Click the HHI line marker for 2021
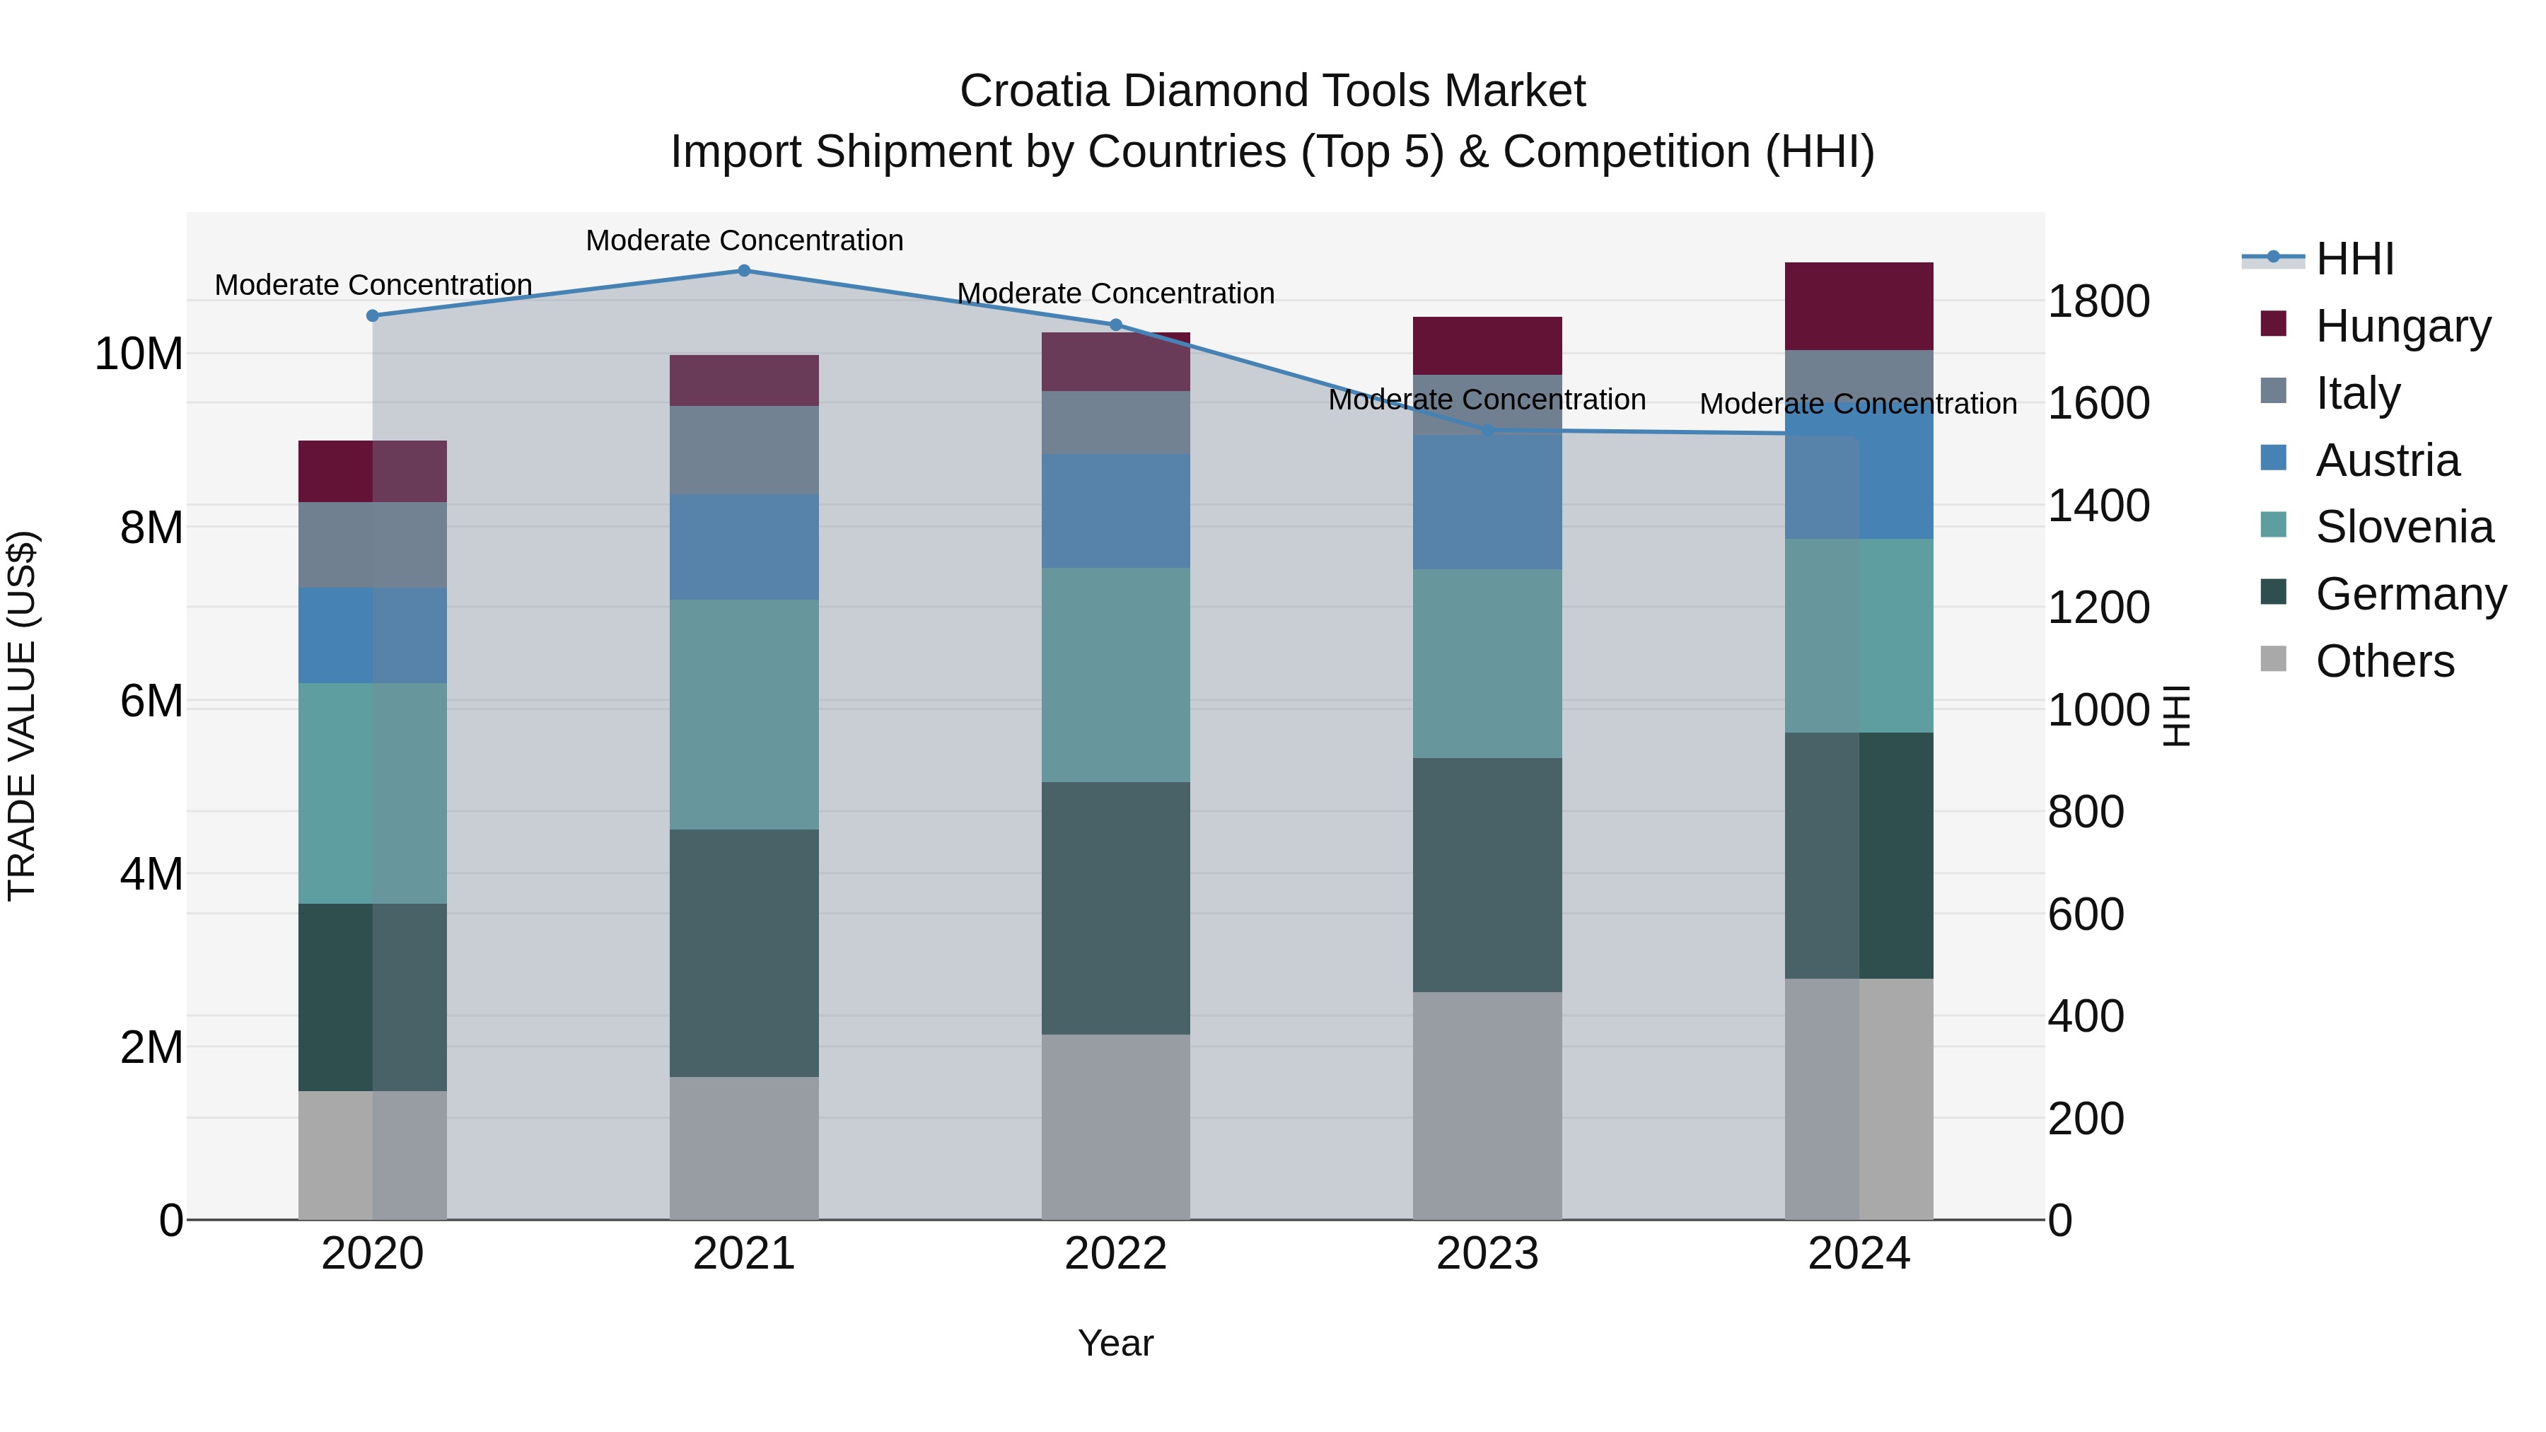tap(744, 270)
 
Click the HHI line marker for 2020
tap(373, 315)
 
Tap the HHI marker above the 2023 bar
tap(1487, 430)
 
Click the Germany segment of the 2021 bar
tap(744, 952)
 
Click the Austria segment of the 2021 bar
tap(744, 547)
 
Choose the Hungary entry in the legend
tap(2402, 325)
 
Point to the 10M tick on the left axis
tap(139, 354)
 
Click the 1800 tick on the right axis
tap(2098, 301)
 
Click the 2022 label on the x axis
tap(1116, 1253)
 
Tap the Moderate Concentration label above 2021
tap(744, 240)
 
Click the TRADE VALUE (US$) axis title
tap(22, 716)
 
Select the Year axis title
tap(1116, 1343)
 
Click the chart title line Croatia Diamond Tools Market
tap(1272, 91)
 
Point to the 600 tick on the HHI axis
tap(2086, 914)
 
